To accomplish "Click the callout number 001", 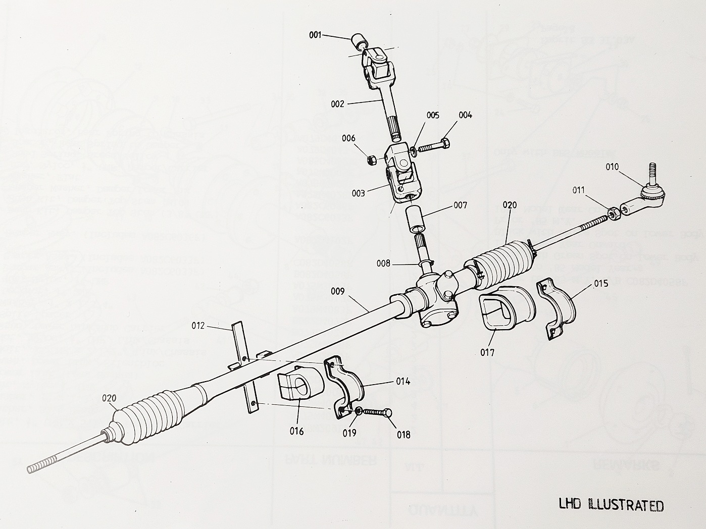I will click(315, 35).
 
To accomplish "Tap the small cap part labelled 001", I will click(358, 40).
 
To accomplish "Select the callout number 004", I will click(465, 115).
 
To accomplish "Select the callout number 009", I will click(338, 291).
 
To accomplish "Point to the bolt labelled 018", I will click(379, 412).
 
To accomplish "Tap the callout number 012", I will click(198, 326).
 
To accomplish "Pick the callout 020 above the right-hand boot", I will click(510, 205).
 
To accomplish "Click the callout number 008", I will click(383, 262).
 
